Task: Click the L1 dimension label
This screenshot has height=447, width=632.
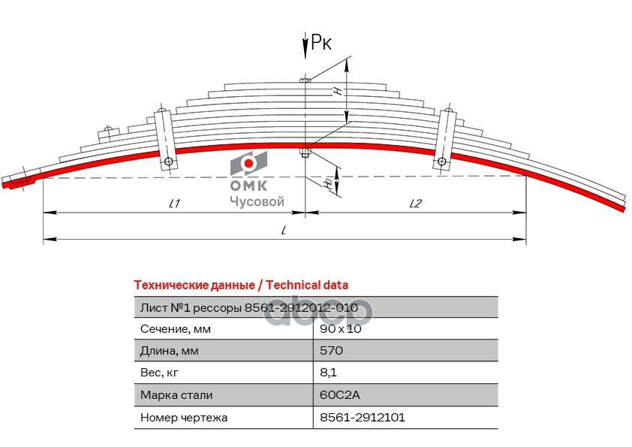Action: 173,203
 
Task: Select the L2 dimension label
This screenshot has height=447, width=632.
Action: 417,203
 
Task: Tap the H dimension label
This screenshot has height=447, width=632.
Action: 339,89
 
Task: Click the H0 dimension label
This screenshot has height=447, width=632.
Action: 328,182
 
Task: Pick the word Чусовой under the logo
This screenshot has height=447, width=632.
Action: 256,201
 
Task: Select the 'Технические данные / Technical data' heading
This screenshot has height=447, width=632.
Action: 240,285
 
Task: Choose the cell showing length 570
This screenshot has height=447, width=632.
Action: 331,351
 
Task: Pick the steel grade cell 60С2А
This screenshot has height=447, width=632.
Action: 339,394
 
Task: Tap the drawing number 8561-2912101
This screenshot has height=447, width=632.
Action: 362,416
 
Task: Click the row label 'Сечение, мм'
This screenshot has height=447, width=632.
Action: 175,329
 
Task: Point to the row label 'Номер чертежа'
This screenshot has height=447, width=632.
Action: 183,416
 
